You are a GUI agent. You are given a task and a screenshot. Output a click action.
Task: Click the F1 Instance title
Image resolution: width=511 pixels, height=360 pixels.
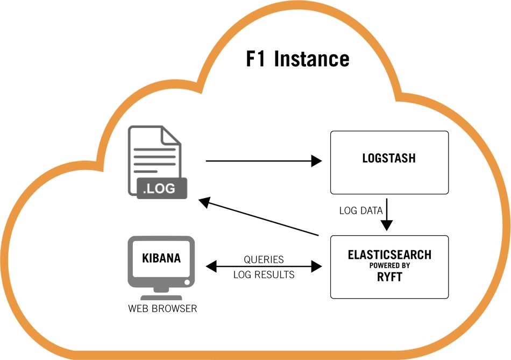(297, 59)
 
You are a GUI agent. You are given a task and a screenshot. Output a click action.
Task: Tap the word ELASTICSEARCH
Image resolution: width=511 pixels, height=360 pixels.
(389, 254)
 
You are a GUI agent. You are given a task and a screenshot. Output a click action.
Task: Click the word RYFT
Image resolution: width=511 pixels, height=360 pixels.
(389, 277)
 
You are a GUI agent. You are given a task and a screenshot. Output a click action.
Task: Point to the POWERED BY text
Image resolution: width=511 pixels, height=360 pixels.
(389, 266)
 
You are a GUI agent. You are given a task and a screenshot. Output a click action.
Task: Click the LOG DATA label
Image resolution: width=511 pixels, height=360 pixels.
(361, 210)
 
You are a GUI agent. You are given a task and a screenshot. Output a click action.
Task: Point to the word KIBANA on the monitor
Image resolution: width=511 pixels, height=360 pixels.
(161, 258)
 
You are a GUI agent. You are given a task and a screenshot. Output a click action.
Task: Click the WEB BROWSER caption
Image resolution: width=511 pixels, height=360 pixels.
(162, 309)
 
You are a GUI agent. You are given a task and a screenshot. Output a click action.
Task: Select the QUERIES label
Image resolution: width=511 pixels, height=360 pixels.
(264, 259)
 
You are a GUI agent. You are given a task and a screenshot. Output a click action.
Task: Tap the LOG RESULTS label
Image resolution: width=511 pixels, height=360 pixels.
(264, 274)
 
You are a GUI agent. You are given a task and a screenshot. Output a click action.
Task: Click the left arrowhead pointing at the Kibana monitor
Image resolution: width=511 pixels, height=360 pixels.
(211, 266)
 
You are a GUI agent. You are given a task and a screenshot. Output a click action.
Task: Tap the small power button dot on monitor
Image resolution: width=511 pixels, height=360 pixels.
(187, 282)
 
